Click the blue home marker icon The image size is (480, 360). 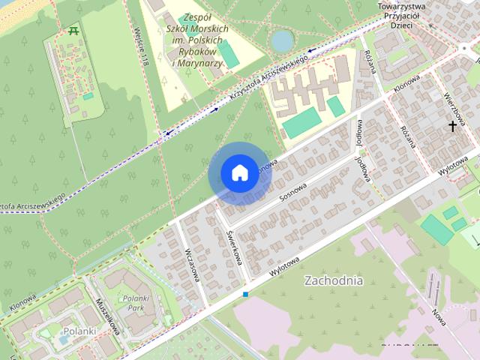[238, 172]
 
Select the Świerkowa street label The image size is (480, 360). [234, 246]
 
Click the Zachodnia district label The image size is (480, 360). [334, 280]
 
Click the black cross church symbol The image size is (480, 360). [452, 127]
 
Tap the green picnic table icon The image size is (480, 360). [73, 31]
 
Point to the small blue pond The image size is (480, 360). [282, 40]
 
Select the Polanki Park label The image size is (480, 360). [136, 302]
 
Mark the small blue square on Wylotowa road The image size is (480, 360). [245, 294]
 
